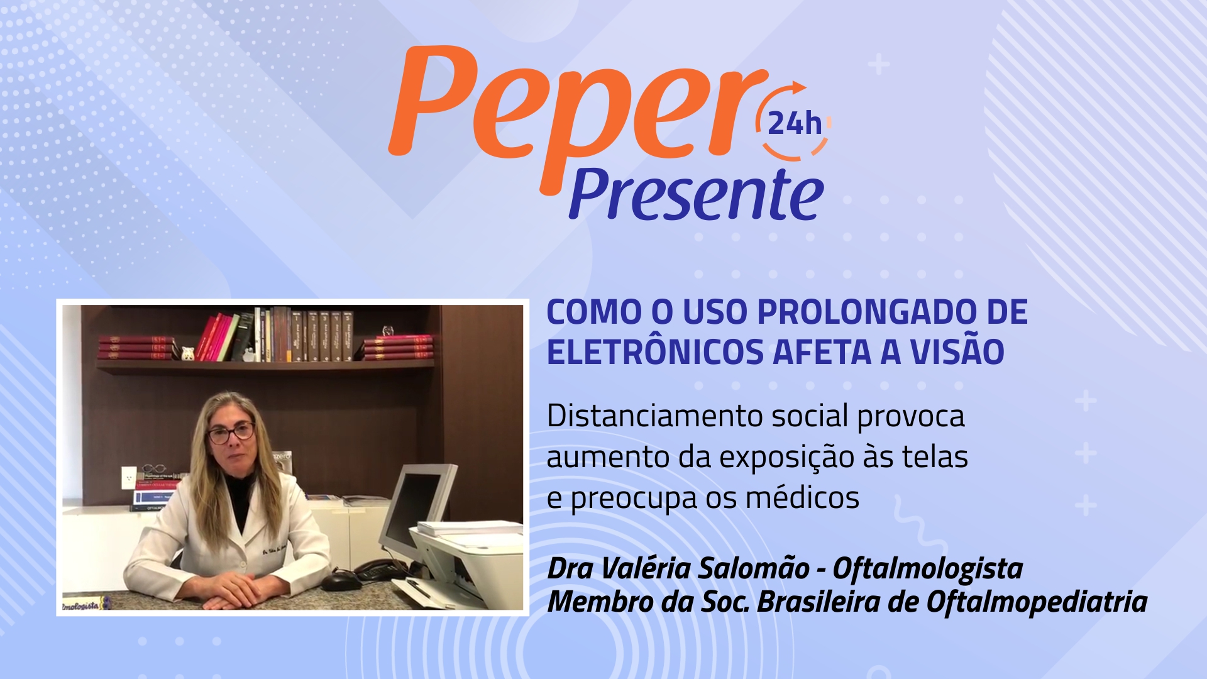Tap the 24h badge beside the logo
[x=795, y=122]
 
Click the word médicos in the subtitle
[x=802, y=498]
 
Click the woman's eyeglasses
[x=231, y=433]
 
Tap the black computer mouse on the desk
[x=341, y=579]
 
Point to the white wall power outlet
[x=128, y=477]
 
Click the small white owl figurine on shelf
[x=187, y=353]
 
